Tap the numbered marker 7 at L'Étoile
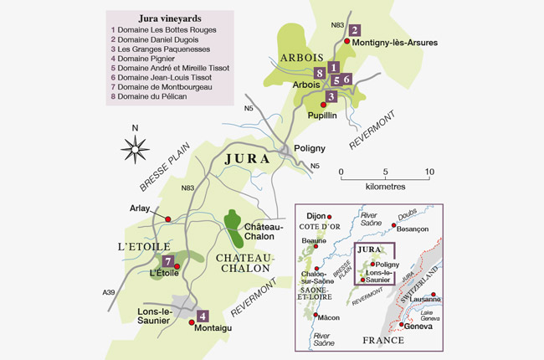pyautogui.click(x=168, y=261)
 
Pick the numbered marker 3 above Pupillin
pyautogui.click(x=331, y=96)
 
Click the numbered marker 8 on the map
pyautogui.click(x=320, y=73)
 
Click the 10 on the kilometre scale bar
pyautogui.click(x=429, y=172)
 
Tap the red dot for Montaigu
pyautogui.click(x=192, y=321)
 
